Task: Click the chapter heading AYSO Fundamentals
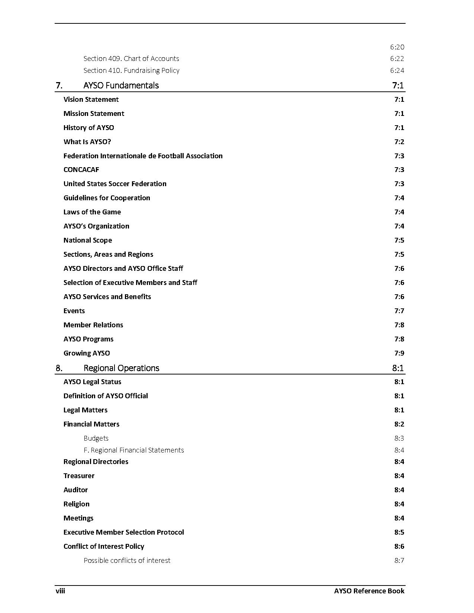pos(121,85)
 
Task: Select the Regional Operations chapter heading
pos(121,368)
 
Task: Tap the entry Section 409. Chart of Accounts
pos(131,59)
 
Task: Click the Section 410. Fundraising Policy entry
pos(131,71)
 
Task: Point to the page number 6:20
pos(397,47)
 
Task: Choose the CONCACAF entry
pos(81,170)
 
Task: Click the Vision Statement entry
pos(91,100)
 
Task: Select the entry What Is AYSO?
pos(87,142)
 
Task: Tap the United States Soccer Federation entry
pos(115,184)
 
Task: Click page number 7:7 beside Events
pos(399,311)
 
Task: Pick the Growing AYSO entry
pos(87,353)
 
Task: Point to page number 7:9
pos(399,353)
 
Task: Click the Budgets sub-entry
pos(96,438)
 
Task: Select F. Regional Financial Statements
pos(133,450)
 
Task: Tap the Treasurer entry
pos(79,476)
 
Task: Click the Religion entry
pos(76,504)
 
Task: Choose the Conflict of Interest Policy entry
pos(104,546)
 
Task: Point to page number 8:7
pos(399,561)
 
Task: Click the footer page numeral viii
pos(60,591)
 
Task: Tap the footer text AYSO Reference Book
pos(369,591)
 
